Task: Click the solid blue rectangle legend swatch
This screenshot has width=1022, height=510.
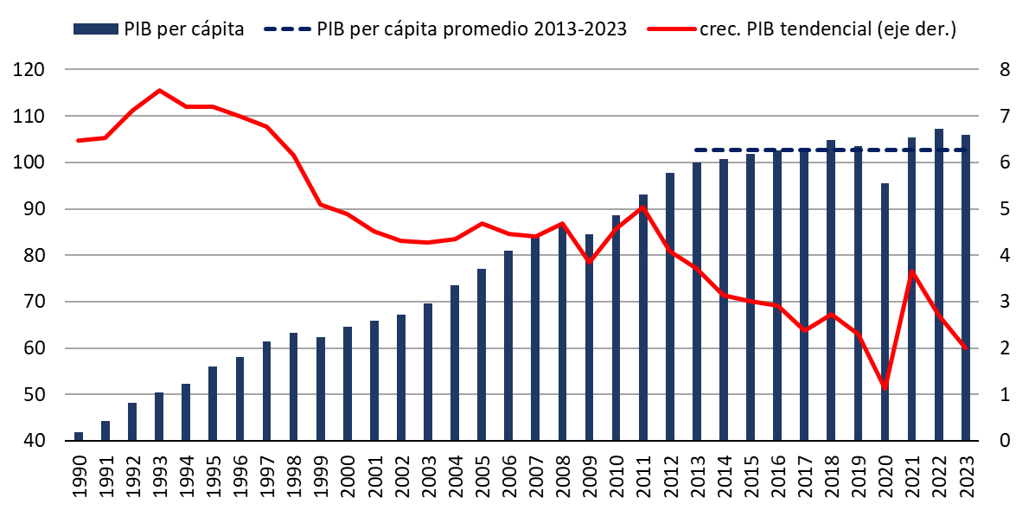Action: click(95, 29)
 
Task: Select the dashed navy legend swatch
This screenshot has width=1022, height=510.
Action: click(287, 29)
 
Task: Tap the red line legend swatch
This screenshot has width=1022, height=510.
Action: click(672, 29)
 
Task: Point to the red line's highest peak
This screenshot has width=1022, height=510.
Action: click(159, 90)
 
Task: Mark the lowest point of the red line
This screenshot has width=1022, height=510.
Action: click(885, 386)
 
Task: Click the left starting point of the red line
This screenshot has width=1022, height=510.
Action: click(78, 140)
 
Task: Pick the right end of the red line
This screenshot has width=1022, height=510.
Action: click(965, 347)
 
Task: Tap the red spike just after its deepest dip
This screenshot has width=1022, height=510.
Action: click(911, 272)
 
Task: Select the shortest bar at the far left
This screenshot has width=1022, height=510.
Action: click(79, 436)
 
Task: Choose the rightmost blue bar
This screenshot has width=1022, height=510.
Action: click(966, 287)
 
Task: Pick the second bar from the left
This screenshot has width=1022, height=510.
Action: click(105, 430)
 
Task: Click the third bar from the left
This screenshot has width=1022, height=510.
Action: click(132, 421)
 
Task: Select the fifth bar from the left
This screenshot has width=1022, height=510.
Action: click(186, 411)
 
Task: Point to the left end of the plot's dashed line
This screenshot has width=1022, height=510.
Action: click(695, 150)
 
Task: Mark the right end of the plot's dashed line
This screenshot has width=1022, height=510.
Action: click(966, 150)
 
